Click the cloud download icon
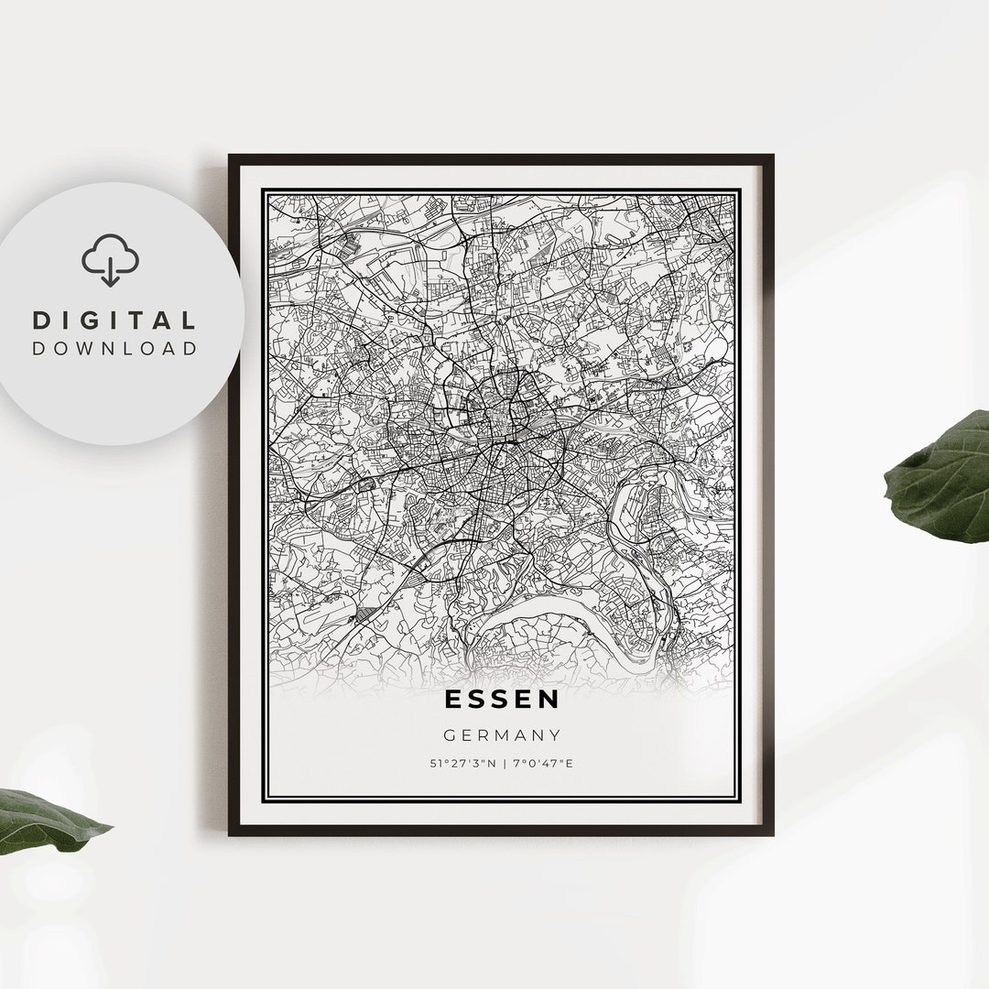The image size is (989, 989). [110, 260]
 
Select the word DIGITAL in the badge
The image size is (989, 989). [114, 321]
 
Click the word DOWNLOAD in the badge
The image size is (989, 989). [114, 348]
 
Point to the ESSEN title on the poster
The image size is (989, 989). [502, 700]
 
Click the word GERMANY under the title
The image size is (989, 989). [502, 734]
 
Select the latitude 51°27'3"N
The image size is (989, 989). [462, 764]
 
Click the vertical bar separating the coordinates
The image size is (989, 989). [503, 764]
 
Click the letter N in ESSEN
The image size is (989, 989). [549, 700]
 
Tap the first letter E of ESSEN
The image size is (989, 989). [454, 700]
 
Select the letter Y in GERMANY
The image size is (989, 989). [555, 734]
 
